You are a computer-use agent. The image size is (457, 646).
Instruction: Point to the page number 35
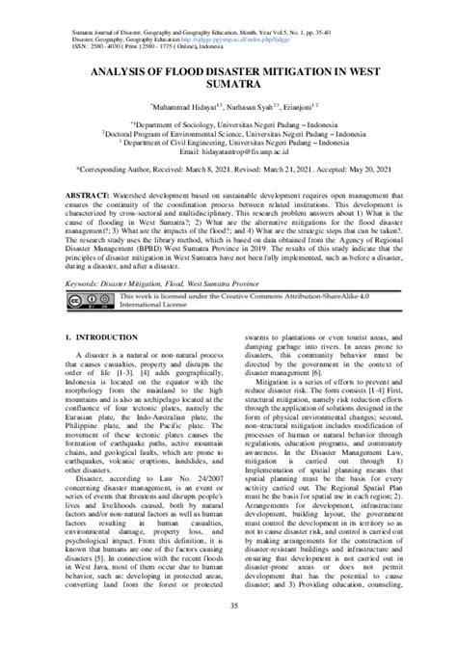pos(228,631)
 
